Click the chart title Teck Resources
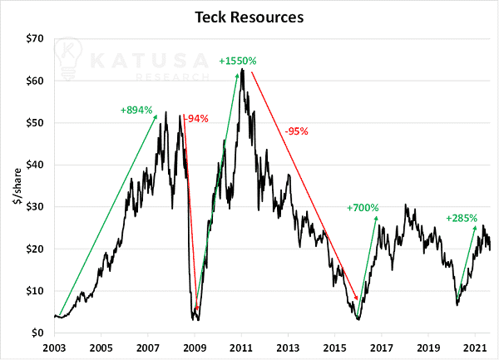[x=249, y=17]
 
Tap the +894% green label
[x=136, y=110]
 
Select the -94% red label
[x=197, y=119]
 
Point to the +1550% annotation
[x=238, y=61]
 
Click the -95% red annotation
[x=297, y=131]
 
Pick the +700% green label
[x=363, y=208]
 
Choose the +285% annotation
[x=462, y=218]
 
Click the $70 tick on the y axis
[x=35, y=39]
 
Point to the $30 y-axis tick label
[x=35, y=207]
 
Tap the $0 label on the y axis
[x=37, y=333]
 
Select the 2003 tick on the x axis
[x=54, y=348]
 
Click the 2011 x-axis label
[x=241, y=348]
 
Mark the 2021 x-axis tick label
[x=475, y=348]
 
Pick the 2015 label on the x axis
[x=335, y=348]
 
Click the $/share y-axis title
[x=17, y=186]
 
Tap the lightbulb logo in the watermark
[x=68, y=59]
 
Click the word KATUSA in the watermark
[x=149, y=61]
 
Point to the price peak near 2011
[x=243, y=69]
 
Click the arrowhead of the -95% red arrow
[x=357, y=298]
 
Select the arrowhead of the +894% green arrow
[x=156, y=116]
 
